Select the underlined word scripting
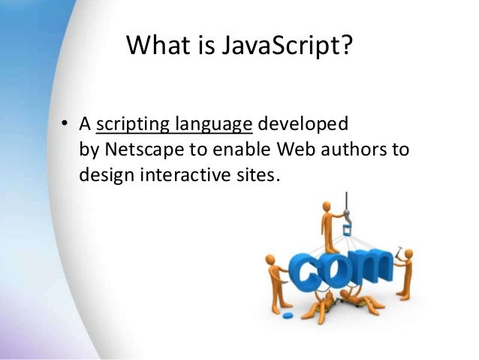pos(132,123)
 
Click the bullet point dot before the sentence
pos(65,124)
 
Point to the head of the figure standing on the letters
pos(327,204)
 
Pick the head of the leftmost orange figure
pos(270,260)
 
